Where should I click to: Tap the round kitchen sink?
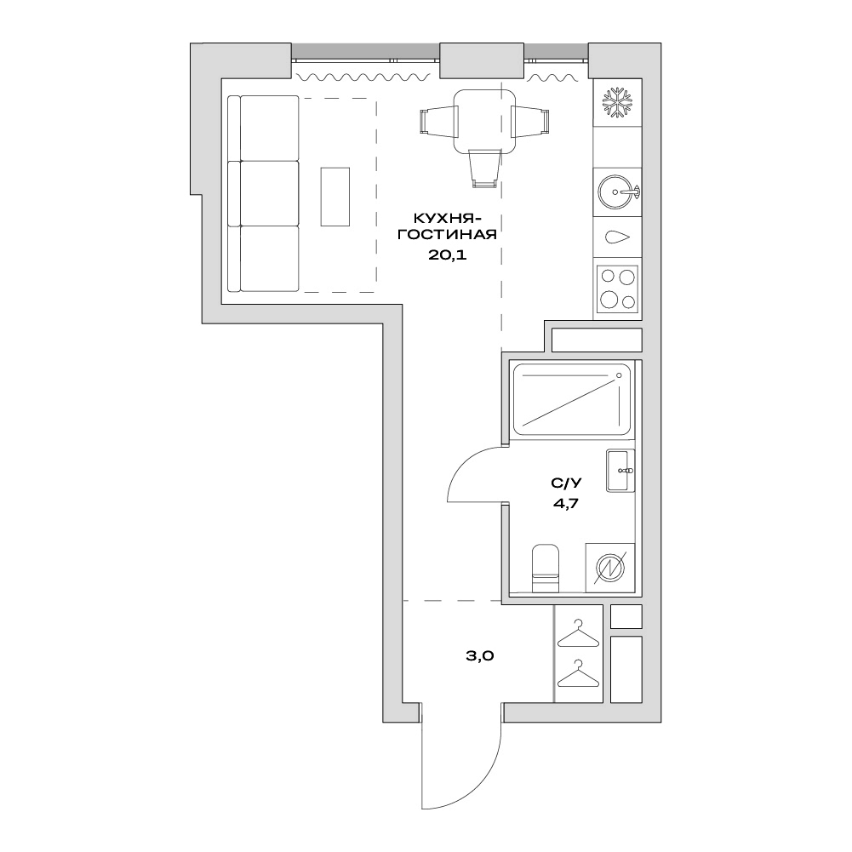tap(618, 192)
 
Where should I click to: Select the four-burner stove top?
tap(617, 289)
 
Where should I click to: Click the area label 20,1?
tap(447, 254)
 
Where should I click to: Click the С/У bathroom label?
tap(566, 483)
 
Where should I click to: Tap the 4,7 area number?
tap(566, 503)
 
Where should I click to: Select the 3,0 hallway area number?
tap(480, 656)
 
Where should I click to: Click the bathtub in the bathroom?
tap(572, 399)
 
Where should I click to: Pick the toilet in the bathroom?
tap(545, 568)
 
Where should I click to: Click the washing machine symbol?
tap(610, 568)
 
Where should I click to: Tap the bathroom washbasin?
tap(620, 471)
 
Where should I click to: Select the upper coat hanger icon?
tap(578, 633)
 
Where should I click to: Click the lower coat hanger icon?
tap(578, 674)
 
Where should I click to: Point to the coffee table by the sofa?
tap(335, 196)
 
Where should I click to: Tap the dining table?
tap(484, 121)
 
